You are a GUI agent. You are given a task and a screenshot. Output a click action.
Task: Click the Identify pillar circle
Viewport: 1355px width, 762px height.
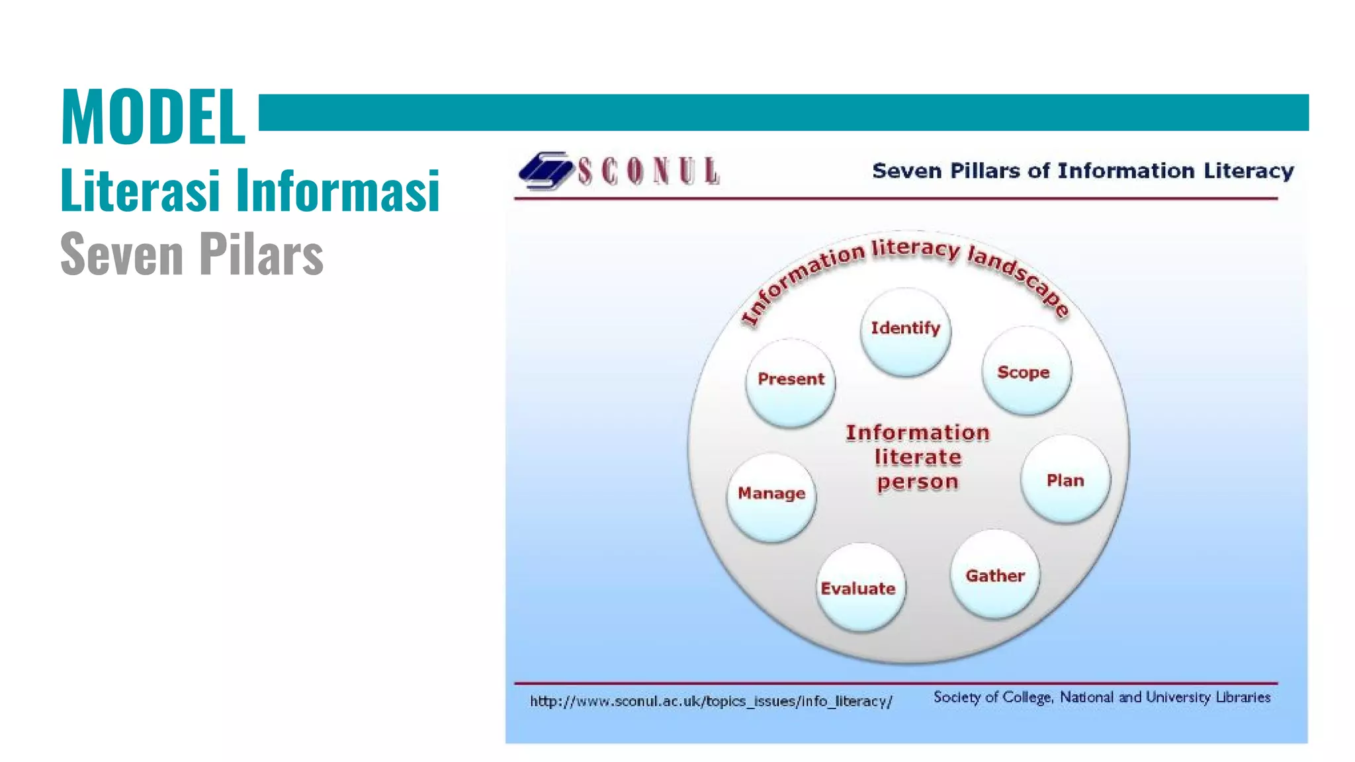[905, 332]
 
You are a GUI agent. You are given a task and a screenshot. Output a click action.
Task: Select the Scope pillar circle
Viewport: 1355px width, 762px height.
[1026, 371]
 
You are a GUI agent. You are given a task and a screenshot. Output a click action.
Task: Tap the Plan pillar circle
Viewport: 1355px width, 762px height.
[1065, 480]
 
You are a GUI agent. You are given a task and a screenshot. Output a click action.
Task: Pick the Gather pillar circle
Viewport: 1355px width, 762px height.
[995, 575]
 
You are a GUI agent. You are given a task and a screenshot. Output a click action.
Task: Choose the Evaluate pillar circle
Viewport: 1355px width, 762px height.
[859, 587]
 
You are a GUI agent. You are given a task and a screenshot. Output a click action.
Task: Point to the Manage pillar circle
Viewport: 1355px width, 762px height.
[771, 497]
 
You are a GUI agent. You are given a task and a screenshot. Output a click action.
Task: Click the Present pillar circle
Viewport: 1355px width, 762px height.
[791, 382]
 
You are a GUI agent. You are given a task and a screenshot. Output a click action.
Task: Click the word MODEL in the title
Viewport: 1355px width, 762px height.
[153, 117]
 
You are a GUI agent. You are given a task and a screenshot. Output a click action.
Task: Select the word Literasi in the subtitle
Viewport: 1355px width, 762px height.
[140, 190]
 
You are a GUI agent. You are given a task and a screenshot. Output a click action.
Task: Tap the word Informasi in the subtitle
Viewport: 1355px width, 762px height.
[338, 190]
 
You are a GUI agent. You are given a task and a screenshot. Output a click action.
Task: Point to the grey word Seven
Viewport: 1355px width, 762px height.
[122, 255]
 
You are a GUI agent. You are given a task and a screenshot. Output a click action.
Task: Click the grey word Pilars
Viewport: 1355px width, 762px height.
[261, 255]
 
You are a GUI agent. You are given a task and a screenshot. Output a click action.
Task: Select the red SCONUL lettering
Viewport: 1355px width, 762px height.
[648, 171]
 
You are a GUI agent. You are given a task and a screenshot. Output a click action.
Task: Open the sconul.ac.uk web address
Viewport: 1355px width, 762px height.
[711, 701]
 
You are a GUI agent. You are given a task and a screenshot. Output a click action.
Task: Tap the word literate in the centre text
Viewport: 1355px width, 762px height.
[918, 457]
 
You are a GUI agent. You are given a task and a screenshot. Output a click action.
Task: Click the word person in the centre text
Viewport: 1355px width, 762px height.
[918, 482]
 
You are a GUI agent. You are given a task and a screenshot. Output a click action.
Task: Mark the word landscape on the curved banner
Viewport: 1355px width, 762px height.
[1019, 278]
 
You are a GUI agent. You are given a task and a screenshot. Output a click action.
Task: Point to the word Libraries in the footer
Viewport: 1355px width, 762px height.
[1243, 697]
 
